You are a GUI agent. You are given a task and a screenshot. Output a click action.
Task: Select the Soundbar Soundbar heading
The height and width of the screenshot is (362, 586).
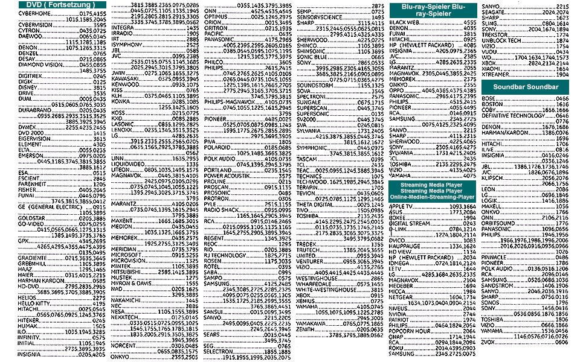click(525, 87)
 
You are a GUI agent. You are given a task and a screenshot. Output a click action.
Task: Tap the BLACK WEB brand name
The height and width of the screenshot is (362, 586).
click(404, 22)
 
